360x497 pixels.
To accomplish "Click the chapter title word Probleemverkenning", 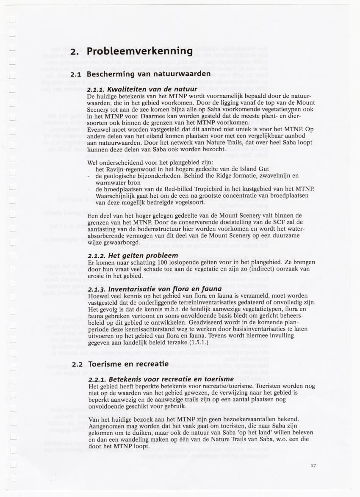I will [x=140, y=52].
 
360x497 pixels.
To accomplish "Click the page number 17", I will [x=313, y=466].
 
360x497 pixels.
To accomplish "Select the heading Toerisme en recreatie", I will [x=128, y=364].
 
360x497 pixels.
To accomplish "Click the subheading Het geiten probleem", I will [x=133, y=256].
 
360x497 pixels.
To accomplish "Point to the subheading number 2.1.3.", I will [x=96, y=290].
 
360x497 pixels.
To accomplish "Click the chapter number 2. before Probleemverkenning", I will [x=75, y=52].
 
